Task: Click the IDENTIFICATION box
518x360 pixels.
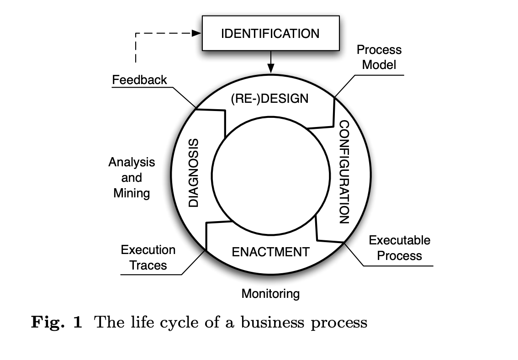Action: tap(270, 34)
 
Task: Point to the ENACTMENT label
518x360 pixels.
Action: tap(270, 252)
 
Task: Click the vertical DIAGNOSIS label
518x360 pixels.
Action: tap(194, 173)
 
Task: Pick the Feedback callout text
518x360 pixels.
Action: tap(140, 80)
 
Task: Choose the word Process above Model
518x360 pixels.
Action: tap(379, 49)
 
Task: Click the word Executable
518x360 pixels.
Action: tap(400, 240)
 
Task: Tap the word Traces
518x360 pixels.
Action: tap(148, 265)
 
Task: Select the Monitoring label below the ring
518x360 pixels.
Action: tap(270, 293)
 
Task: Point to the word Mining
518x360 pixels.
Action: tap(132, 193)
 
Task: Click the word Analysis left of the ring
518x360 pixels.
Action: tap(132, 162)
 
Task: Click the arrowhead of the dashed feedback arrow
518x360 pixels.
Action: tap(197, 33)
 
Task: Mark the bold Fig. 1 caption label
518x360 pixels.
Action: tap(57, 323)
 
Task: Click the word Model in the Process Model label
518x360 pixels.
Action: tap(379, 64)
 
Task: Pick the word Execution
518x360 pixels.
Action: tap(148, 250)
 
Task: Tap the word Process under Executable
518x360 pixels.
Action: tap(400, 255)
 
